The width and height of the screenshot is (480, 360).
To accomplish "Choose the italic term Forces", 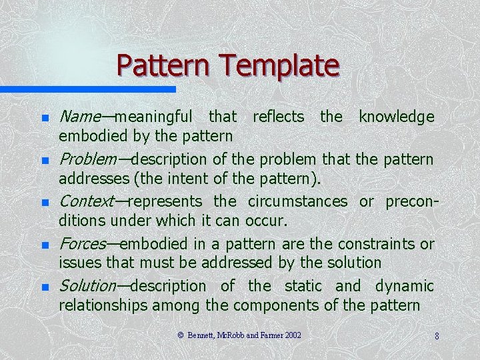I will click(x=83, y=244).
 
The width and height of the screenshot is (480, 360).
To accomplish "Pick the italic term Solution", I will click(x=87, y=286).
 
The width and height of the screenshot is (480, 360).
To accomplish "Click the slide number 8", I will click(x=437, y=336).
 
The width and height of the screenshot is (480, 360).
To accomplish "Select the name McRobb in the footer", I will click(x=233, y=335).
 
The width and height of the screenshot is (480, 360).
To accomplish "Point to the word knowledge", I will click(x=396, y=117).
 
